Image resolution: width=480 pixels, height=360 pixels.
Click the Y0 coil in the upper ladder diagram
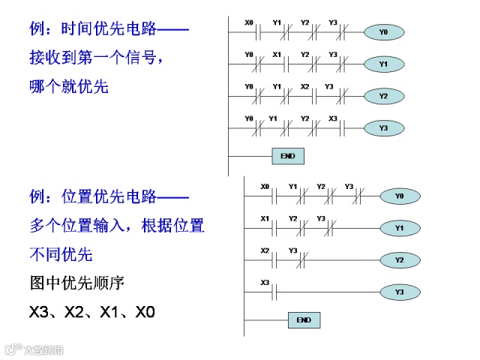(x=383, y=32)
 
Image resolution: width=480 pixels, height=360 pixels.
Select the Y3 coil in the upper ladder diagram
(x=383, y=128)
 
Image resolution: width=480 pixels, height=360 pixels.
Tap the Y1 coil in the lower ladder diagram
(x=399, y=227)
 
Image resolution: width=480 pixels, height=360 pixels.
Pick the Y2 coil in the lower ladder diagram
(x=399, y=260)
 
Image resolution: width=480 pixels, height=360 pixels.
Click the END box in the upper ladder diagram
(x=287, y=156)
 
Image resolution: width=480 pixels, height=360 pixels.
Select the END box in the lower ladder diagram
(x=304, y=320)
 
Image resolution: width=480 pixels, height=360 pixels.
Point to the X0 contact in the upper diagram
(x=250, y=32)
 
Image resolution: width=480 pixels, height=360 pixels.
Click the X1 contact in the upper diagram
(x=277, y=64)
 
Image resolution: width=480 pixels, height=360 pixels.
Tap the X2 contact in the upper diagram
(x=305, y=96)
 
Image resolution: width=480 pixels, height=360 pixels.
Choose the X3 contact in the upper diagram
(x=333, y=128)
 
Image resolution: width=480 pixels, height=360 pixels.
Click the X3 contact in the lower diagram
(x=265, y=292)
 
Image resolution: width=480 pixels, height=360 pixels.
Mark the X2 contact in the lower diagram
(x=265, y=260)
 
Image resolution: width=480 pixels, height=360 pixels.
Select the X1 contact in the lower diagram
(x=265, y=227)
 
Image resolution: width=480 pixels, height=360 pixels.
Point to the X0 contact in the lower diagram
(x=265, y=196)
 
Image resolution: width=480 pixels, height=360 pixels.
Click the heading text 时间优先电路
(x=109, y=30)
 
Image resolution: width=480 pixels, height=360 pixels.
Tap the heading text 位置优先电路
(x=109, y=197)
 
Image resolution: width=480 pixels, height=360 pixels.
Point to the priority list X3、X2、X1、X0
(x=92, y=310)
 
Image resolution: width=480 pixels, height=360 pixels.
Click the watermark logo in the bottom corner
(x=34, y=349)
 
